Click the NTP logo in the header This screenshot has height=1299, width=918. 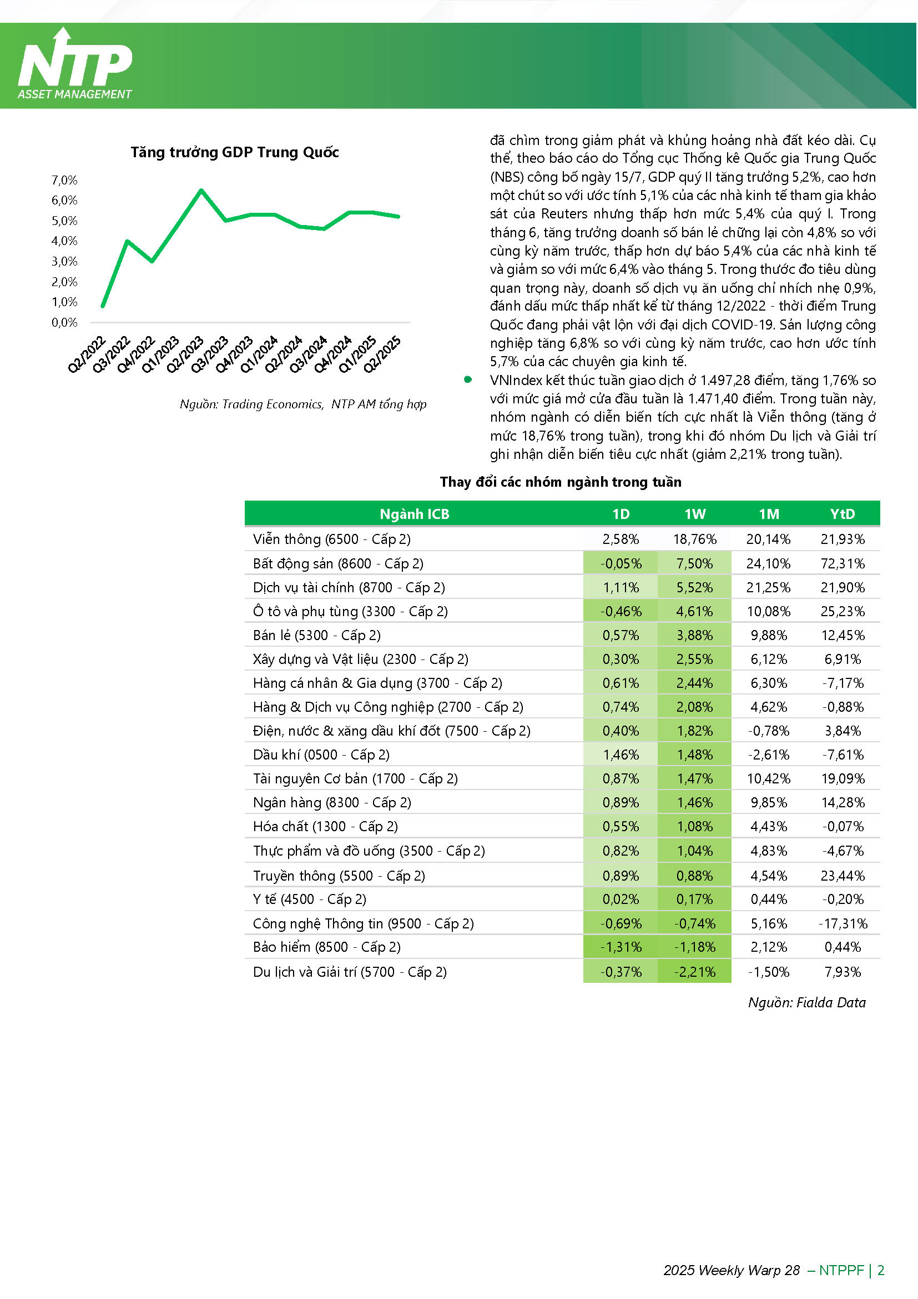75,63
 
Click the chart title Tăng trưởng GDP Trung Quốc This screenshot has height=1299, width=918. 235,152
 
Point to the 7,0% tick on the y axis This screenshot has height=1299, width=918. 64,180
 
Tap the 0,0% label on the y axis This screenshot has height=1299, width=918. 64,322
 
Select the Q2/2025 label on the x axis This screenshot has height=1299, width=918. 382,354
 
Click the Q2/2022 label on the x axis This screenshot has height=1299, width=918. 87,354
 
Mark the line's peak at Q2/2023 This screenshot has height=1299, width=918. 201,190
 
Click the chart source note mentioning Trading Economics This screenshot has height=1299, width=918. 303,404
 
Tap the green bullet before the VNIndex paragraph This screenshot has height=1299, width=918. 467,379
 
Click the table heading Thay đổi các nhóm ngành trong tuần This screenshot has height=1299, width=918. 561,482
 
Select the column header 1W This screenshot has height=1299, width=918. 695,514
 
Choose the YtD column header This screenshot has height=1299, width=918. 843,514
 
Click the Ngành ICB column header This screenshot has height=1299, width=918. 415,514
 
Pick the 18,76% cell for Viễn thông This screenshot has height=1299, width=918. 695,539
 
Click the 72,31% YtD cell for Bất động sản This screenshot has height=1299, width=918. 843,563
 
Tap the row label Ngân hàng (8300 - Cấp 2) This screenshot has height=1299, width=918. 332,802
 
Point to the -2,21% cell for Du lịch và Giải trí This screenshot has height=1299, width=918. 695,972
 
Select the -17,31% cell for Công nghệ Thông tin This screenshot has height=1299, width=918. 843,923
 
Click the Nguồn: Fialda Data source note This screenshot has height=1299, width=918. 806,1002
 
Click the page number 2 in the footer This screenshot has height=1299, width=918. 880,1270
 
